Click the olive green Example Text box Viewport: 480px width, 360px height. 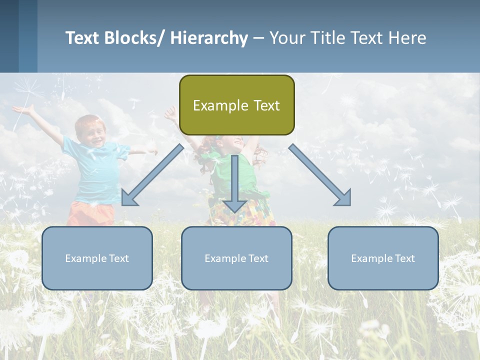(x=236, y=105)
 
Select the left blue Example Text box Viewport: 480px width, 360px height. (x=97, y=258)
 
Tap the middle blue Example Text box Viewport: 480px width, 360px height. (x=236, y=258)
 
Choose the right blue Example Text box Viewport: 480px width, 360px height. (x=383, y=258)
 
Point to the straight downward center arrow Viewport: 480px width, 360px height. (x=234, y=182)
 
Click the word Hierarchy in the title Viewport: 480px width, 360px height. (x=208, y=38)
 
